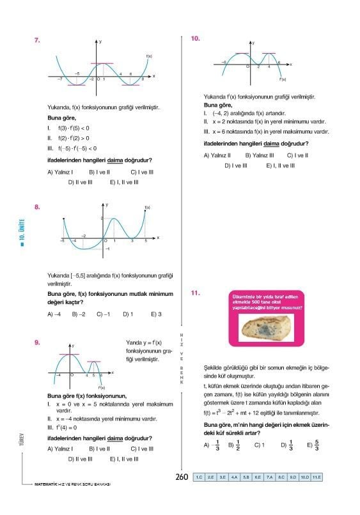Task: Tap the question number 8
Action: click(x=38, y=206)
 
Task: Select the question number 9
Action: click(x=38, y=342)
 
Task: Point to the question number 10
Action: click(x=196, y=39)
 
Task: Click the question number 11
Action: click(x=196, y=293)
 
